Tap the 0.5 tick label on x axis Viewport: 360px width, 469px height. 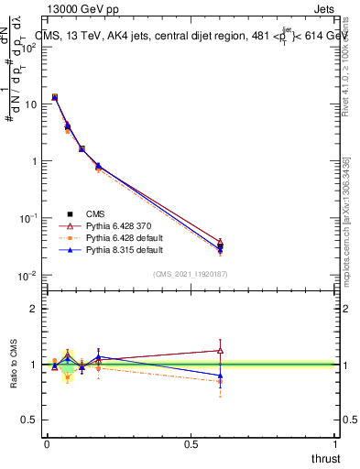(191, 444)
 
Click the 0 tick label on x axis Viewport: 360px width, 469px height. (47, 444)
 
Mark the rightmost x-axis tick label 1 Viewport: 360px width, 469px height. (335, 444)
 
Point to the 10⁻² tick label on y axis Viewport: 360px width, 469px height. (29, 276)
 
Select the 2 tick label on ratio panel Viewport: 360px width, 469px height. (35, 309)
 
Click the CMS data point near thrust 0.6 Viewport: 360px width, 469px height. (220, 246)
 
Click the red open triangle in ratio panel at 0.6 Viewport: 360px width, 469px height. (220, 350)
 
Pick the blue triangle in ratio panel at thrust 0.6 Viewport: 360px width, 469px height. (220, 375)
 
